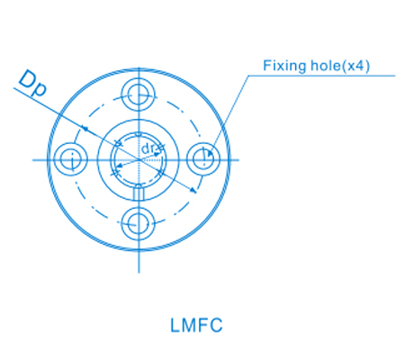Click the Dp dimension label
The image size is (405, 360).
point(32,84)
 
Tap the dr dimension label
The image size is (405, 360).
point(148,148)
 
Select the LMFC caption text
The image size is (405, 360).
point(196,325)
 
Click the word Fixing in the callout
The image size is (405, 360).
point(284,66)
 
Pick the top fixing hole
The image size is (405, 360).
point(138,94)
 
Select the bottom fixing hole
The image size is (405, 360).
point(138,224)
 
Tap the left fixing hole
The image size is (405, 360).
point(71,159)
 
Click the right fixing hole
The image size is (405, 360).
point(203,159)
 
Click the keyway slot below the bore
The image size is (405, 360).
point(139,192)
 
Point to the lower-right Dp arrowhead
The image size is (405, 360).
point(193,190)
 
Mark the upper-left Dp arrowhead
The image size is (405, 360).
point(85,129)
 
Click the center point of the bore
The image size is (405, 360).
point(139,160)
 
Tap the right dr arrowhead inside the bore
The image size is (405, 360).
point(157,155)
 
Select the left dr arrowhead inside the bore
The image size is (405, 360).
point(120,166)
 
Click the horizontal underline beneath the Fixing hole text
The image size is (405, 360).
point(321,76)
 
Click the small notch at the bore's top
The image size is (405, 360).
point(138,134)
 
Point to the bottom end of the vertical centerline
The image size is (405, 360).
point(139,273)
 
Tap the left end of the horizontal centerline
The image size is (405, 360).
point(32,160)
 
